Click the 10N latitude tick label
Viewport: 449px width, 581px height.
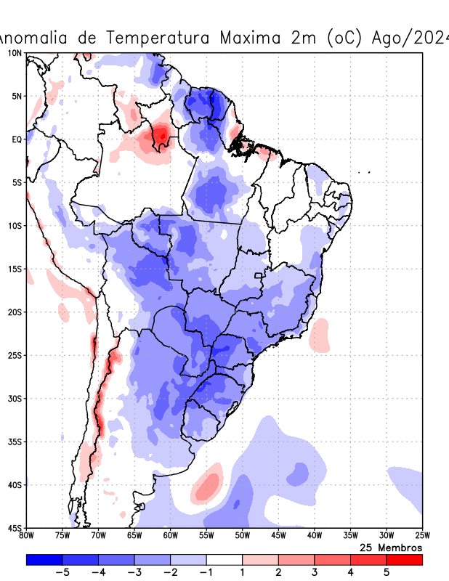(x=14, y=53)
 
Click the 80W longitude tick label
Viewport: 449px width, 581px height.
(x=26, y=536)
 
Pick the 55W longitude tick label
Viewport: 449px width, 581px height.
(x=206, y=536)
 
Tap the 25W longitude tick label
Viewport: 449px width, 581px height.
(x=421, y=536)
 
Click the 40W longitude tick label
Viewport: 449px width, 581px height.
(x=314, y=536)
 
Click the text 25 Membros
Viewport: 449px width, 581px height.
(x=391, y=547)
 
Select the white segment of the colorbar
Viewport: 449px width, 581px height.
(x=224, y=559)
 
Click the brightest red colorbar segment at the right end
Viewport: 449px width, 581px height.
(x=404, y=559)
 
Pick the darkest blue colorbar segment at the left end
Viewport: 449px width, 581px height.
(x=44, y=559)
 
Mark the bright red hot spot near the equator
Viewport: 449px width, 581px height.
(x=161, y=134)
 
